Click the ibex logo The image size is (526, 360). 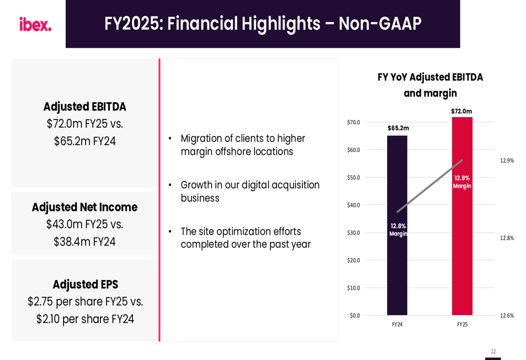(35, 24)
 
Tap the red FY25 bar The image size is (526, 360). (462, 252)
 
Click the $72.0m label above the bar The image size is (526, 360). (461, 111)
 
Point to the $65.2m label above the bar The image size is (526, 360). (398, 128)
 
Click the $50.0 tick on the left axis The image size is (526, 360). (353, 178)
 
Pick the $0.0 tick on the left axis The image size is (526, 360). (355, 315)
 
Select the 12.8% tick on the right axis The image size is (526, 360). (507, 238)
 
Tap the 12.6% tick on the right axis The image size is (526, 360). (507, 315)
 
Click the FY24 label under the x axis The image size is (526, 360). (397, 325)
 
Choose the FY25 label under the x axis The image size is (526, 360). (462, 325)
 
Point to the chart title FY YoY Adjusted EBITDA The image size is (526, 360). (430, 77)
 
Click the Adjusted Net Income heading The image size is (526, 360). (85, 207)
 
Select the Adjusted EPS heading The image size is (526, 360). (85, 284)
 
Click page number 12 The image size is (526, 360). (493, 351)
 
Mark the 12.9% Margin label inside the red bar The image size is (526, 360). (462, 182)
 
